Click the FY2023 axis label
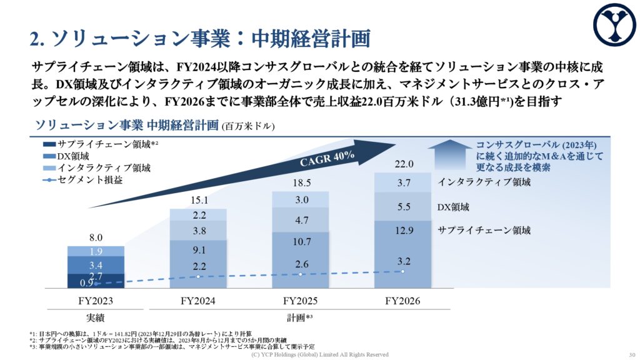click(x=96, y=301)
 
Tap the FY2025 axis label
click(x=301, y=301)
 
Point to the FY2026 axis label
click(x=402, y=301)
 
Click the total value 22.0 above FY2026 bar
click(x=403, y=164)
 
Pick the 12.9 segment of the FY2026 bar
click(x=403, y=231)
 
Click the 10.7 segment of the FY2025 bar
click(x=301, y=241)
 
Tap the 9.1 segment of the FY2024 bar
click(x=198, y=249)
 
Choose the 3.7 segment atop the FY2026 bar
click(x=403, y=182)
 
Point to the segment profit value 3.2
click(x=403, y=260)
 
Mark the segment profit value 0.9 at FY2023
click(x=87, y=283)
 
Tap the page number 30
click(x=630, y=354)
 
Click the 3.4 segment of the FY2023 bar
click(x=96, y=265)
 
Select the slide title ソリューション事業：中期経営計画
click(x=200, y=39)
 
